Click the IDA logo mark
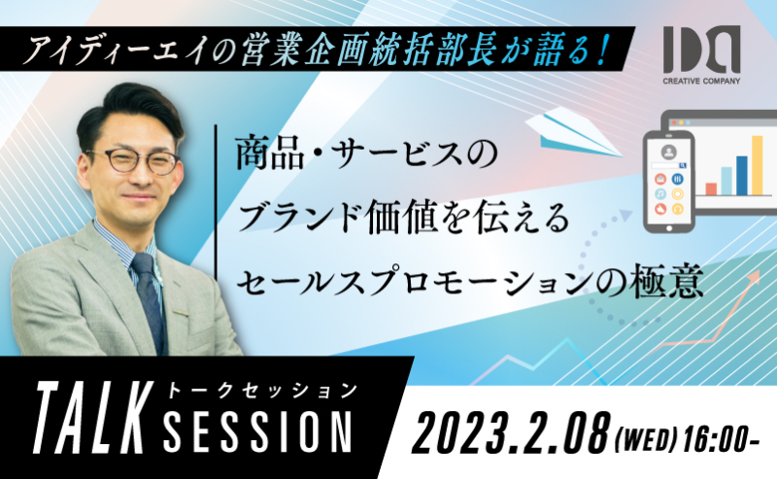coord(701,50)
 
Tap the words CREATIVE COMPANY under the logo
coord(701,81)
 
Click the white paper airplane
coord(573,132)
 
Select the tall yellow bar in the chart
coord(758,165)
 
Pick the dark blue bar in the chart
coord(742,176)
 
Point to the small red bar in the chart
coord(711,188)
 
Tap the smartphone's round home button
coord(669,228)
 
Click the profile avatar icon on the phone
coord(669,152)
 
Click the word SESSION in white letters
coord(258,431)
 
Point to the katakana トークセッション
coord(261,391)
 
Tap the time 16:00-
coord(721,439)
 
